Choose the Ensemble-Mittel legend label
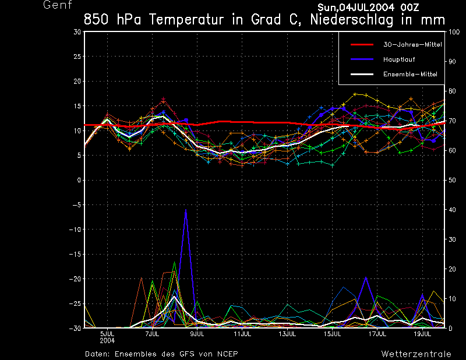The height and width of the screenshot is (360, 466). [x=410, y=75]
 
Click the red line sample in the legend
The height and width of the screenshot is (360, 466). [x=362, y=44]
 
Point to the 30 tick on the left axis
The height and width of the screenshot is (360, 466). [x=77, y=32]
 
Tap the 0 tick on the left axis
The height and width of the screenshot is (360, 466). [x=79, y=181]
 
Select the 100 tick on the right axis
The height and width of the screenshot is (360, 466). [x=452, y=32]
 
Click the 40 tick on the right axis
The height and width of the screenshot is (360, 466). [x=450, y=210]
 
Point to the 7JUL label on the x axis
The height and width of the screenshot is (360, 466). [x=152, y=334]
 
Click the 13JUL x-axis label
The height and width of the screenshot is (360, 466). [x=287, y=334]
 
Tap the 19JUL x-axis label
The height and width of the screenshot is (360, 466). [x=422, y=334]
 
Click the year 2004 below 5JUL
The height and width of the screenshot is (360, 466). [x=107, y=340]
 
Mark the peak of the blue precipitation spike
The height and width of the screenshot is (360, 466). [x=186, y=210]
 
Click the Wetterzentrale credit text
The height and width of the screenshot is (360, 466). [x=416, y=354]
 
